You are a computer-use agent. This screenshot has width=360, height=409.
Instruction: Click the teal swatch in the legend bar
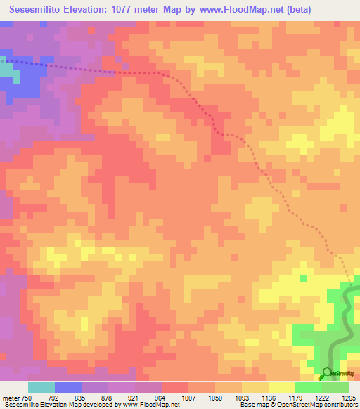[x=41, y=388]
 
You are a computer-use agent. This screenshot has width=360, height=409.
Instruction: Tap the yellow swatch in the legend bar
[x=282, y=388]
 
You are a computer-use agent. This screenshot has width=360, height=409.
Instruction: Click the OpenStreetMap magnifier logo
[x=327, y=372]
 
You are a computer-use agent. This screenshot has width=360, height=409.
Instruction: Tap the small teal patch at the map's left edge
[x=6, y=70]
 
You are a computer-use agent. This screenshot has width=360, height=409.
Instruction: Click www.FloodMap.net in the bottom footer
[x=148, y=404]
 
